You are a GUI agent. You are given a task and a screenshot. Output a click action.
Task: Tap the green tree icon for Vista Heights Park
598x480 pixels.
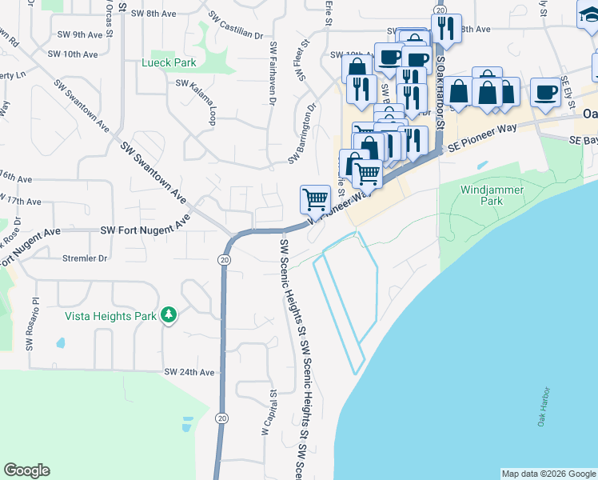[x=168, y=316]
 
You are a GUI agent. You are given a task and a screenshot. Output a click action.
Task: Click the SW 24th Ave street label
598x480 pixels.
[x=189, y=372]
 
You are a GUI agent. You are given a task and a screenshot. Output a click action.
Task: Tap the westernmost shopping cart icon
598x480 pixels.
[x=315, y=198]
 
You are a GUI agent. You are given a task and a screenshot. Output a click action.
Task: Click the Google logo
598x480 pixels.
[x=26, y=470]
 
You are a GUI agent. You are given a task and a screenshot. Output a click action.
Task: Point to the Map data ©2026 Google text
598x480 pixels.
[x=548, y=474]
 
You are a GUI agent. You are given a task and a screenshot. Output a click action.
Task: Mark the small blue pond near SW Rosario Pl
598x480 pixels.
[x=61, y=345]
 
